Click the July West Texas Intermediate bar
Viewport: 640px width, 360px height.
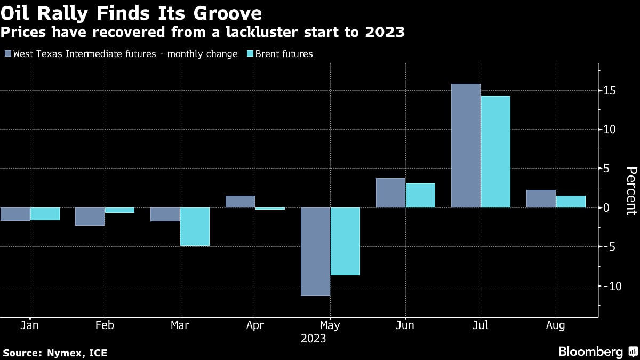click(x=466, y=146)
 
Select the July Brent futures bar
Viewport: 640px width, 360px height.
click(x=495, y=152)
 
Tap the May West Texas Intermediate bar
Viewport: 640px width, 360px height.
click(x=315, y=251)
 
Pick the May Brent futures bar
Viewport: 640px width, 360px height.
click(x=345, y=241)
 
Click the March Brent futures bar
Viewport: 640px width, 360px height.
click(x=195, y=227)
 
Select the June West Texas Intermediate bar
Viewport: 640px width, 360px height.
click(x=390, y=193)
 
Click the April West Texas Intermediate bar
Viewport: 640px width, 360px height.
click(x=240, y=202)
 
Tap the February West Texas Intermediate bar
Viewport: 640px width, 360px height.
click(x=90, y=217)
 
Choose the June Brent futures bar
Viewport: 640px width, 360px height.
click(x=420, y=195)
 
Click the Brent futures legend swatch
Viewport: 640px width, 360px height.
click(x=251, y=54)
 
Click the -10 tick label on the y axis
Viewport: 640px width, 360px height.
click(x=608, y=286)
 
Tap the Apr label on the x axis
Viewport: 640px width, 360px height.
click(x=255, y=325)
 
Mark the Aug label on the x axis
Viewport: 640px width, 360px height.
click(x=556, y=325)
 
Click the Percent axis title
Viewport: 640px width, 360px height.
click(x=630, y=190)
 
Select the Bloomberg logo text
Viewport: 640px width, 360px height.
click(x=590, y=352)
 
